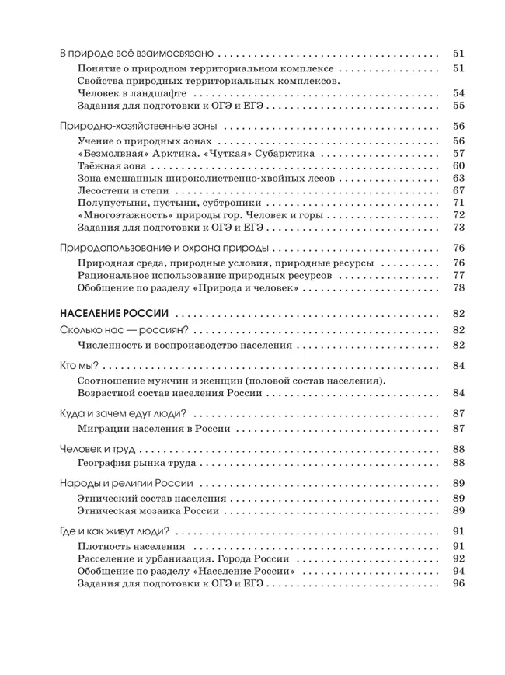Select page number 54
pyautogui.click(x=458, y=93)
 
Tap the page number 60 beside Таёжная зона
pyautogui.click(x=458, y=165)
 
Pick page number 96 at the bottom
pyautogui.click(x=458, y=584)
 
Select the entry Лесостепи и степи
pyautogui.click(x=120, y=190)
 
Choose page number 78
pyautogui.click(x=458, y=287)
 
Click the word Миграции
pyautogui.click(x=106, y=429)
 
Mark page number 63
pyautogui.click(x=458, y=178)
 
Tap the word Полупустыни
pyautogui.click(x=111, y=202)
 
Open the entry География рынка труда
pyautogui.click(x=137, y=463)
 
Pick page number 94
pyautogui.click(x=458, y=572)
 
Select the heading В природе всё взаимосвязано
pyautogui.click(x=136, y=55)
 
